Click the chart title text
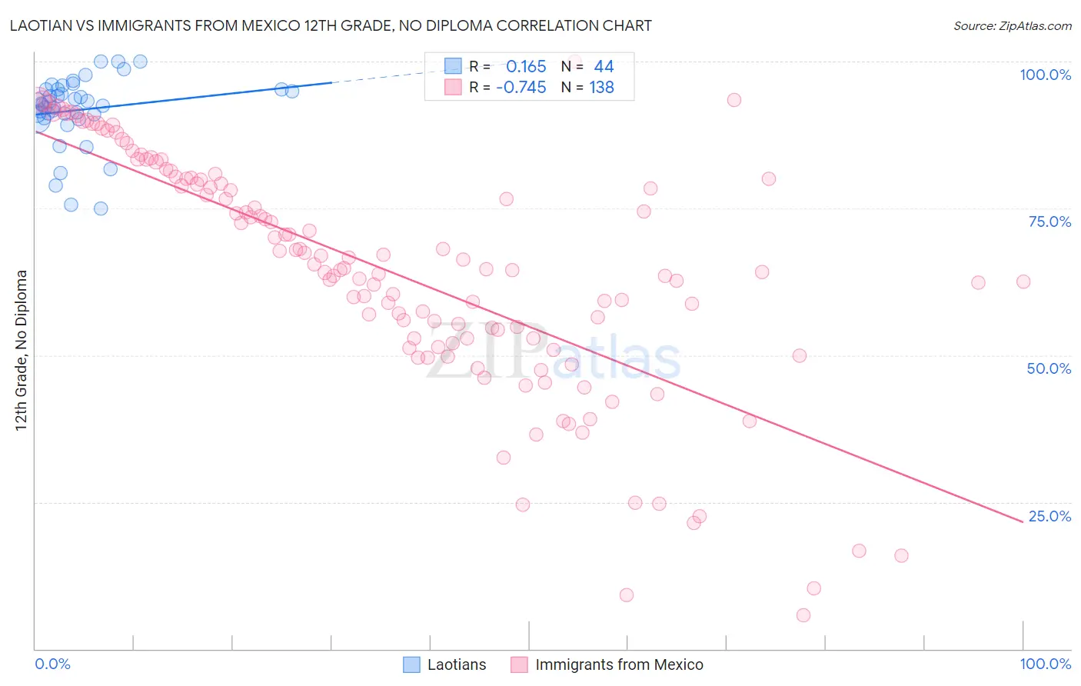pyautogui.click(x=331, y=25)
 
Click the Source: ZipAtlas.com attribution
pyautogui.click(x=1012, y=25)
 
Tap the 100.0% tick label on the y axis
pyautogui.click(x=1045, y=75)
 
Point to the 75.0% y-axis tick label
pyautogui.click(x=1049, y=221)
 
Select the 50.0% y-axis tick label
pyautogui.click(x=1049, y=368)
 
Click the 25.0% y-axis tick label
pyautogui.click(x=1049, y=516)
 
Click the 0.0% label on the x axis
pyautogui.click(x=52, y=664)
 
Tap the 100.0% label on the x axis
pyautogui.click(x=1045, y=664)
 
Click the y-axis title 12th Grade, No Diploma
pyautogui.click(x=22, y=350)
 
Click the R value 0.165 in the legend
pyautogui.click(x=526, y=67)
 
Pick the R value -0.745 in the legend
pyautogui.click(x=521, y=88)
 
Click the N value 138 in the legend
pyautogui.click(x=601, y=88)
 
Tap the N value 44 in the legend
pyautogui.click(x=604, y=67)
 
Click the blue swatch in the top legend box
pyautogui.click(x=454, y=67)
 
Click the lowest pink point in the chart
pyautogui.click(x=803, y=615)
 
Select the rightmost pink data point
pyautogui.click(x=1023, y=281)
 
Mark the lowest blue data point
pyautogui.click(x=101, y=208)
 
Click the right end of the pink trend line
pyautogui.click(x=1023, y=522)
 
